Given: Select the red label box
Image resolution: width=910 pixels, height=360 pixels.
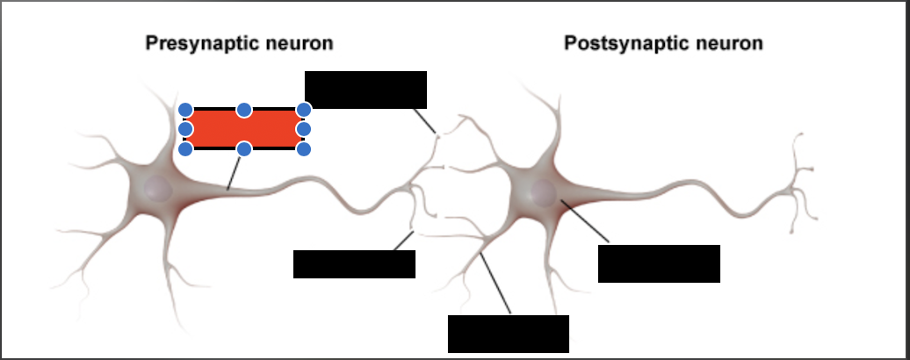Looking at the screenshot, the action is [244, 129].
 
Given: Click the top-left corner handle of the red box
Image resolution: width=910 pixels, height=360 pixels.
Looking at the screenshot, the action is [185, 110].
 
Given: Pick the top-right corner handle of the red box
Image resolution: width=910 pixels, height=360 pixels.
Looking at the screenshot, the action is [304, 110].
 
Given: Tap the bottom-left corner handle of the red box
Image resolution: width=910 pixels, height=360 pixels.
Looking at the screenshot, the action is [185, 149].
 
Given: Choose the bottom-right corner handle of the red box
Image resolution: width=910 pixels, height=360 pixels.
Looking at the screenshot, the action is [304, 149].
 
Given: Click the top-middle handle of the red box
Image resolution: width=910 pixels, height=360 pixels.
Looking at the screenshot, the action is [244, 110].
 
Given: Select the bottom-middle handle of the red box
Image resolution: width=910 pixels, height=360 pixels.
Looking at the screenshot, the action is [244, 149].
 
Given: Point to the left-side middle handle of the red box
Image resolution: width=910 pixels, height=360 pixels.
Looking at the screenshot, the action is [185, 129].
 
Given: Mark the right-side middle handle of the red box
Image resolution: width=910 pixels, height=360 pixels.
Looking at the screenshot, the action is [304, 129].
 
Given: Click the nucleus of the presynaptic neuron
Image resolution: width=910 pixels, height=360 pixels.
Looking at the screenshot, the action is [158, 189].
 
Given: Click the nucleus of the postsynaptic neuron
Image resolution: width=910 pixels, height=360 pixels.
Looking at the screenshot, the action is [543, 192].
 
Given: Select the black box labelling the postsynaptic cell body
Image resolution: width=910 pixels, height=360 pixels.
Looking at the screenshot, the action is [660, 263].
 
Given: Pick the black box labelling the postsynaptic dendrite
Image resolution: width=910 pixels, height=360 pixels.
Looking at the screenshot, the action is [509, 334].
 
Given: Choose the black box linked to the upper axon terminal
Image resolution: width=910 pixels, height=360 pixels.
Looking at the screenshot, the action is [365, 90].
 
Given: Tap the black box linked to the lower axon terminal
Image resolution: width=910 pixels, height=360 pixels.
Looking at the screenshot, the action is [355, 264].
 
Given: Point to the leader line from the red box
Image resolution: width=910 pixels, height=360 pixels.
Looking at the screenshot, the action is [234, 173].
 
